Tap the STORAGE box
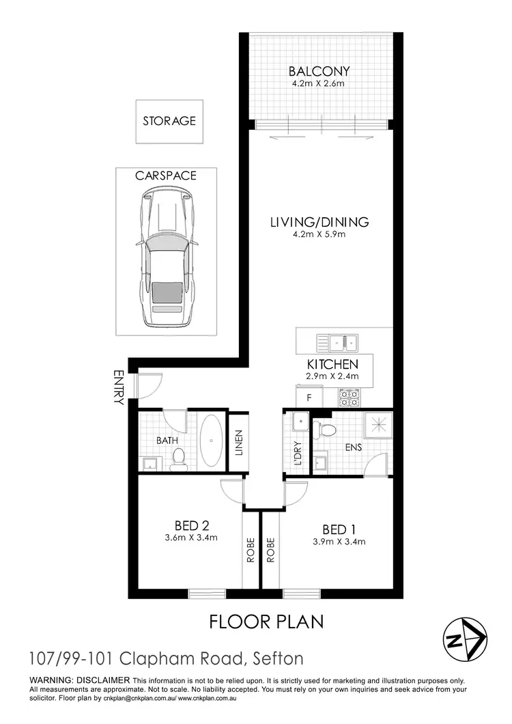pyautogui.click(x=169, y=121)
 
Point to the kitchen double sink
pyautogui.click(x=338, y=341)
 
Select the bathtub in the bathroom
pyautogui.click(x=210, y=442)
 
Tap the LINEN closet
pyautogui.click(x=238, y=442)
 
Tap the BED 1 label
pyautogui.click(x=337, y=529)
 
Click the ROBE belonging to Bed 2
pyautogui.click(x=251, y=550)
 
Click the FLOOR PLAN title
pyautogui.click(x=266, y=622)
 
